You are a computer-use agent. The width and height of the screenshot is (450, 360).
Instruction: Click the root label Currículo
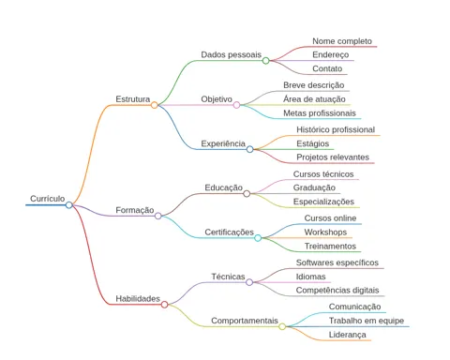(48, 199)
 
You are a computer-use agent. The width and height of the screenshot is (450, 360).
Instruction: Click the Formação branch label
(135, 210)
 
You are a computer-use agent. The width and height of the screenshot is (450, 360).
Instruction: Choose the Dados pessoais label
(231, 54)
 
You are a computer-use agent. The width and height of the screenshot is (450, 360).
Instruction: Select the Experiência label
(223, 143)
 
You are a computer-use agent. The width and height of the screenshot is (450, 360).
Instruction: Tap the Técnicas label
(228, 277)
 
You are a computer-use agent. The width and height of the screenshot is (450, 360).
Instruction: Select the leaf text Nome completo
(342, 41)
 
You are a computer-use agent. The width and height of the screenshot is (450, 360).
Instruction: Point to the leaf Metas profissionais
(320, 113)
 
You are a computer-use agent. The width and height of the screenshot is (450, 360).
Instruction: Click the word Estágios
(313, 143)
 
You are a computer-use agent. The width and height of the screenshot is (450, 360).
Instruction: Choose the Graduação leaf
(314, 187)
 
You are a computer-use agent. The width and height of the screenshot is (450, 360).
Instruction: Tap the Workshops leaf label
(325, 232)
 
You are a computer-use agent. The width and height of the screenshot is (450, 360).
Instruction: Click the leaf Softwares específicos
(337, 262)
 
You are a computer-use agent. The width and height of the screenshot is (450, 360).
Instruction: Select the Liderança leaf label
(347, 335)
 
